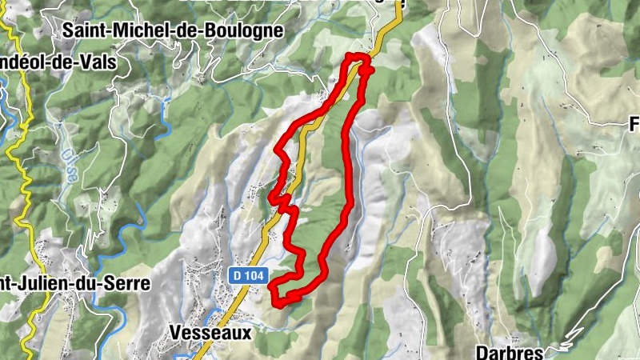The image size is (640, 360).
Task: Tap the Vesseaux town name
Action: (x=210, y=332)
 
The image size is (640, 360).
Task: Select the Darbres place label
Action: (x=510, y=351)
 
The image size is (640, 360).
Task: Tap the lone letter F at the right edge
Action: (x=634, y=125)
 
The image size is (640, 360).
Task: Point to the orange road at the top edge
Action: (x=392, y=24)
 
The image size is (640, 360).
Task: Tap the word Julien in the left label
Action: (x=53, y=284)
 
